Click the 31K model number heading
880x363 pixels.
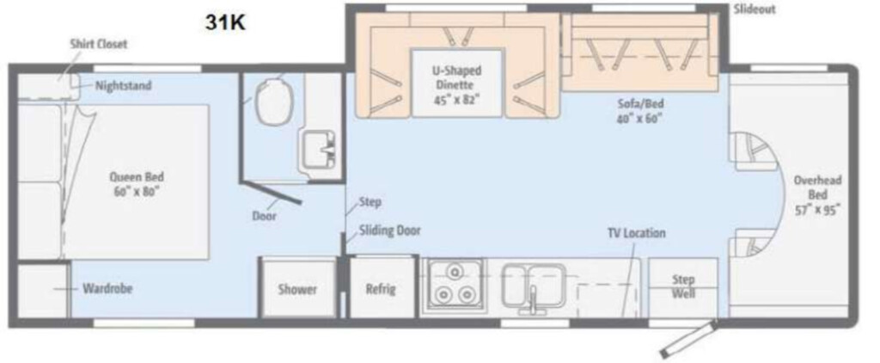tap(225, 22)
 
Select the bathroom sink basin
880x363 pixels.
tap(318, 149)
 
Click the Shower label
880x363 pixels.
tap(297, 289)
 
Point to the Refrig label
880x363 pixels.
tap(381, 289)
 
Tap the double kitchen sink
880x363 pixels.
tap(534, 285)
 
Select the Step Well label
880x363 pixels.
tap(683, 286)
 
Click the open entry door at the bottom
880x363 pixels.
tap(688, 339)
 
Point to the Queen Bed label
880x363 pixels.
tap(137, 183)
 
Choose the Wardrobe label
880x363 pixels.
tap(107, 289)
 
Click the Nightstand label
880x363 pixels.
tap(123, 86)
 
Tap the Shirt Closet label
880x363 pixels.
tap(99, 44)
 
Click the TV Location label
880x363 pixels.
tap(637, 232)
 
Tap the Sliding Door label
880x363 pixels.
tap(389, 231)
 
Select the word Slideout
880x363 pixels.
tap(755, 9)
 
